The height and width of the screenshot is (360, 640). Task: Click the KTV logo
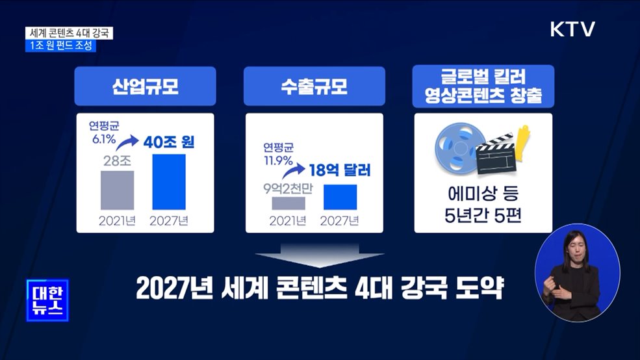pos(572,29)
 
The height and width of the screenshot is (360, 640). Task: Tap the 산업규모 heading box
pos(146,87)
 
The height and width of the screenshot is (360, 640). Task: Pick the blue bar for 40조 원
pos(169,182)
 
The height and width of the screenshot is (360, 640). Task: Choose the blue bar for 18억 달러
pos(340,197)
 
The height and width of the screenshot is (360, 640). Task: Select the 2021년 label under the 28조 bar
pos(117,220)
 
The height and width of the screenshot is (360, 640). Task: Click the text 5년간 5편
pos(483,212)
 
